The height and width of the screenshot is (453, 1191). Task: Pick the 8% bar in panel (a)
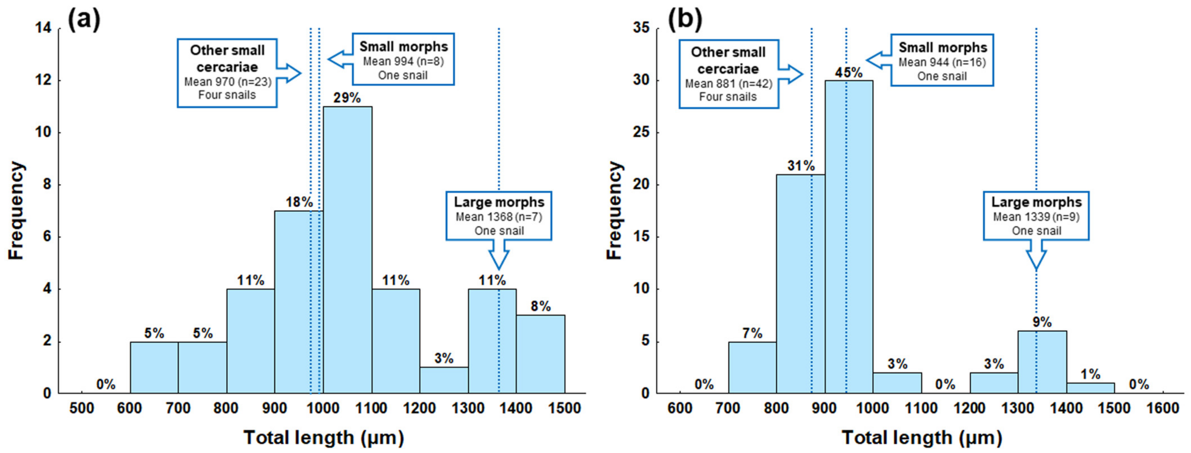(x=540, y=354)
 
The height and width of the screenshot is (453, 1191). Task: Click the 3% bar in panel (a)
(x=444, y=380)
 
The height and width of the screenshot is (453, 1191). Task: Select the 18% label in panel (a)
(x=299, y=202)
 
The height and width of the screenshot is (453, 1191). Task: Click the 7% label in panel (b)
(x=752, y=333)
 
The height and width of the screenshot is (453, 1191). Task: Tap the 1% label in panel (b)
(x=1090, y=374)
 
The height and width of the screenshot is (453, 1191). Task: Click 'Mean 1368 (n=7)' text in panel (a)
(x=499, y=217)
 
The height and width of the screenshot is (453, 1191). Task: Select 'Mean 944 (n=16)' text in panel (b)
(x=942, y=62)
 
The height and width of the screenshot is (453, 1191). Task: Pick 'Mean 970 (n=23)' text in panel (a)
(x=227, y=82)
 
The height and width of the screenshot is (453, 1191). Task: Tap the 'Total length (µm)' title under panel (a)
(x=324, y=437)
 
